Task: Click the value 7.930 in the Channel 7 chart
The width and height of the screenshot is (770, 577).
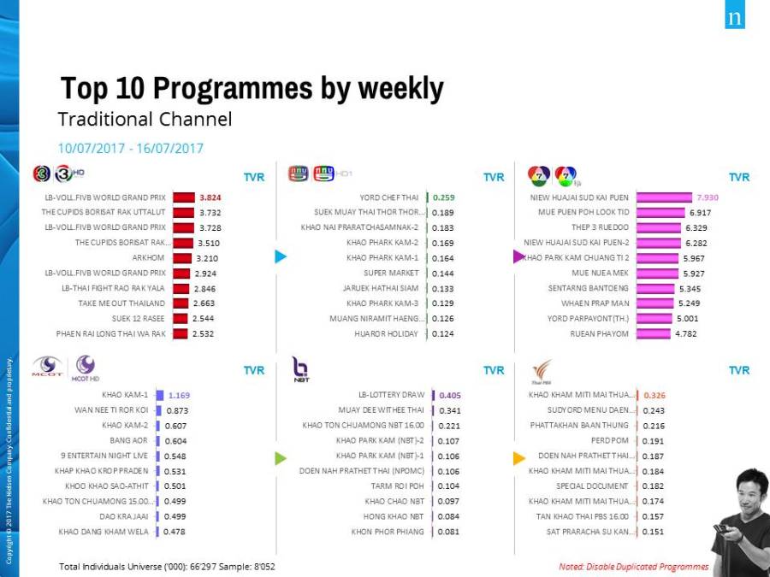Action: coord(708,197)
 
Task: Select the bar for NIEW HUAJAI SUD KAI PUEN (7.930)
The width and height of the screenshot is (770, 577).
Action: coord(664,197)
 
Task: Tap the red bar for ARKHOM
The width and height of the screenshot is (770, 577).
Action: coord(183,257)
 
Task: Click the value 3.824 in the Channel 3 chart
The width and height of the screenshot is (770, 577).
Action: coord(210,197)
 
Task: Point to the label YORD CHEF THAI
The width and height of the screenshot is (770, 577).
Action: coord(392,197)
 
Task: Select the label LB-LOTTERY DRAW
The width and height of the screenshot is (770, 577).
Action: coord(391,395)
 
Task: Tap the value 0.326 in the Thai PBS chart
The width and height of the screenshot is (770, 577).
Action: coord(654,395)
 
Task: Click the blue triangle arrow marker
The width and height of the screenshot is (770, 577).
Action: coord(280,256)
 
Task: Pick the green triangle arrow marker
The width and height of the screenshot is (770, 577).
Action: coord(280,458)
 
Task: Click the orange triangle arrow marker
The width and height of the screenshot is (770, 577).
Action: coord(518,458)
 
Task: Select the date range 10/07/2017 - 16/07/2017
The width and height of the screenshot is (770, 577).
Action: coord(131,148)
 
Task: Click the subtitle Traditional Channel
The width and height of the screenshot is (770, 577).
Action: coord(145,119)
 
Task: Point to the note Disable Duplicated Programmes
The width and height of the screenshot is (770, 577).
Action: coord(633,566)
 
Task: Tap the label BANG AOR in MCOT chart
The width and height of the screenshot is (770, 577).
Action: coord(128,440)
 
